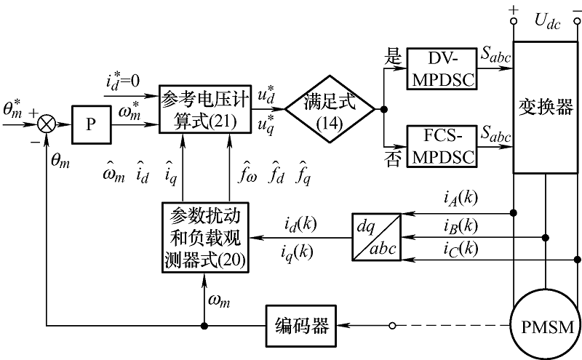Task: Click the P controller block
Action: pyautogui.click(x=90, y=124)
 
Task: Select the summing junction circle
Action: pyautogui.click(x=46, y=124)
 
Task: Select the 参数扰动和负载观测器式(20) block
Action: pyautogui.click(x=203, y=237)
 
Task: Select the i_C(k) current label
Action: pyautogui.click(x=461, y=248)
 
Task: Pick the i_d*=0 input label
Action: pyautogui.click(x=126, y=80)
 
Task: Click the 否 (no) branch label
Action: pyautogui.click(x=393, y=160)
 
